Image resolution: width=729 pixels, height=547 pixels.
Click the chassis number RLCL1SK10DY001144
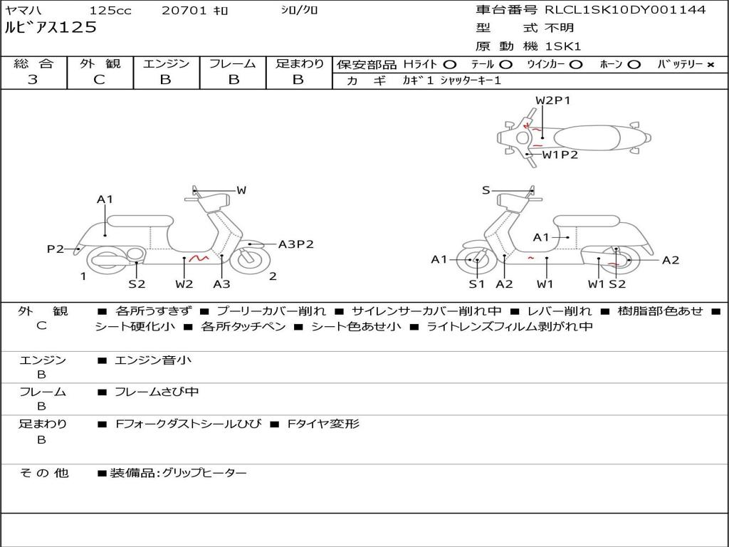[625, 10]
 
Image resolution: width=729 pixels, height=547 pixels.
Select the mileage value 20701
[184, 11]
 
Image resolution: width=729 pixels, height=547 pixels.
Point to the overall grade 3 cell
[33, 80]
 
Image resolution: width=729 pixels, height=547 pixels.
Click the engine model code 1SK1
[563, 46]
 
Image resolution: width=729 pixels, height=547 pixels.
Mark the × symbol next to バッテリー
[710, 64]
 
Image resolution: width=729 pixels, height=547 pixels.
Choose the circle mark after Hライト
[450, 64]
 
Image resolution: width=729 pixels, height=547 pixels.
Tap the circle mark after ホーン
[634, 64]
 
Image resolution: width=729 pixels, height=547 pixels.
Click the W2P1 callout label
[553, 100]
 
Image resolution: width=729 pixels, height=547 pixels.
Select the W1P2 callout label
[560, 154]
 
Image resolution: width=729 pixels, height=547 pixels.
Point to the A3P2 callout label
[295, 244]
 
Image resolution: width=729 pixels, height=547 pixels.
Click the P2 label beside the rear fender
[56, 249]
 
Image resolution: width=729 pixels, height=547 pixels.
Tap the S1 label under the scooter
[476, 284]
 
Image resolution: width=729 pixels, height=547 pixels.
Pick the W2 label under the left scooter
[184, 284]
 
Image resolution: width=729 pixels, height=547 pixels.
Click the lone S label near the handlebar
[486, 189]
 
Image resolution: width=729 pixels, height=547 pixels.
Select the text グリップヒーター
[204, 473]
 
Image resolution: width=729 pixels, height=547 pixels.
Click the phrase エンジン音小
[153, 360]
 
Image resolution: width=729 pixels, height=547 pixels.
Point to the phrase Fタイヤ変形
[323, 424]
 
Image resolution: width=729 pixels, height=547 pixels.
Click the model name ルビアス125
[51, 28]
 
